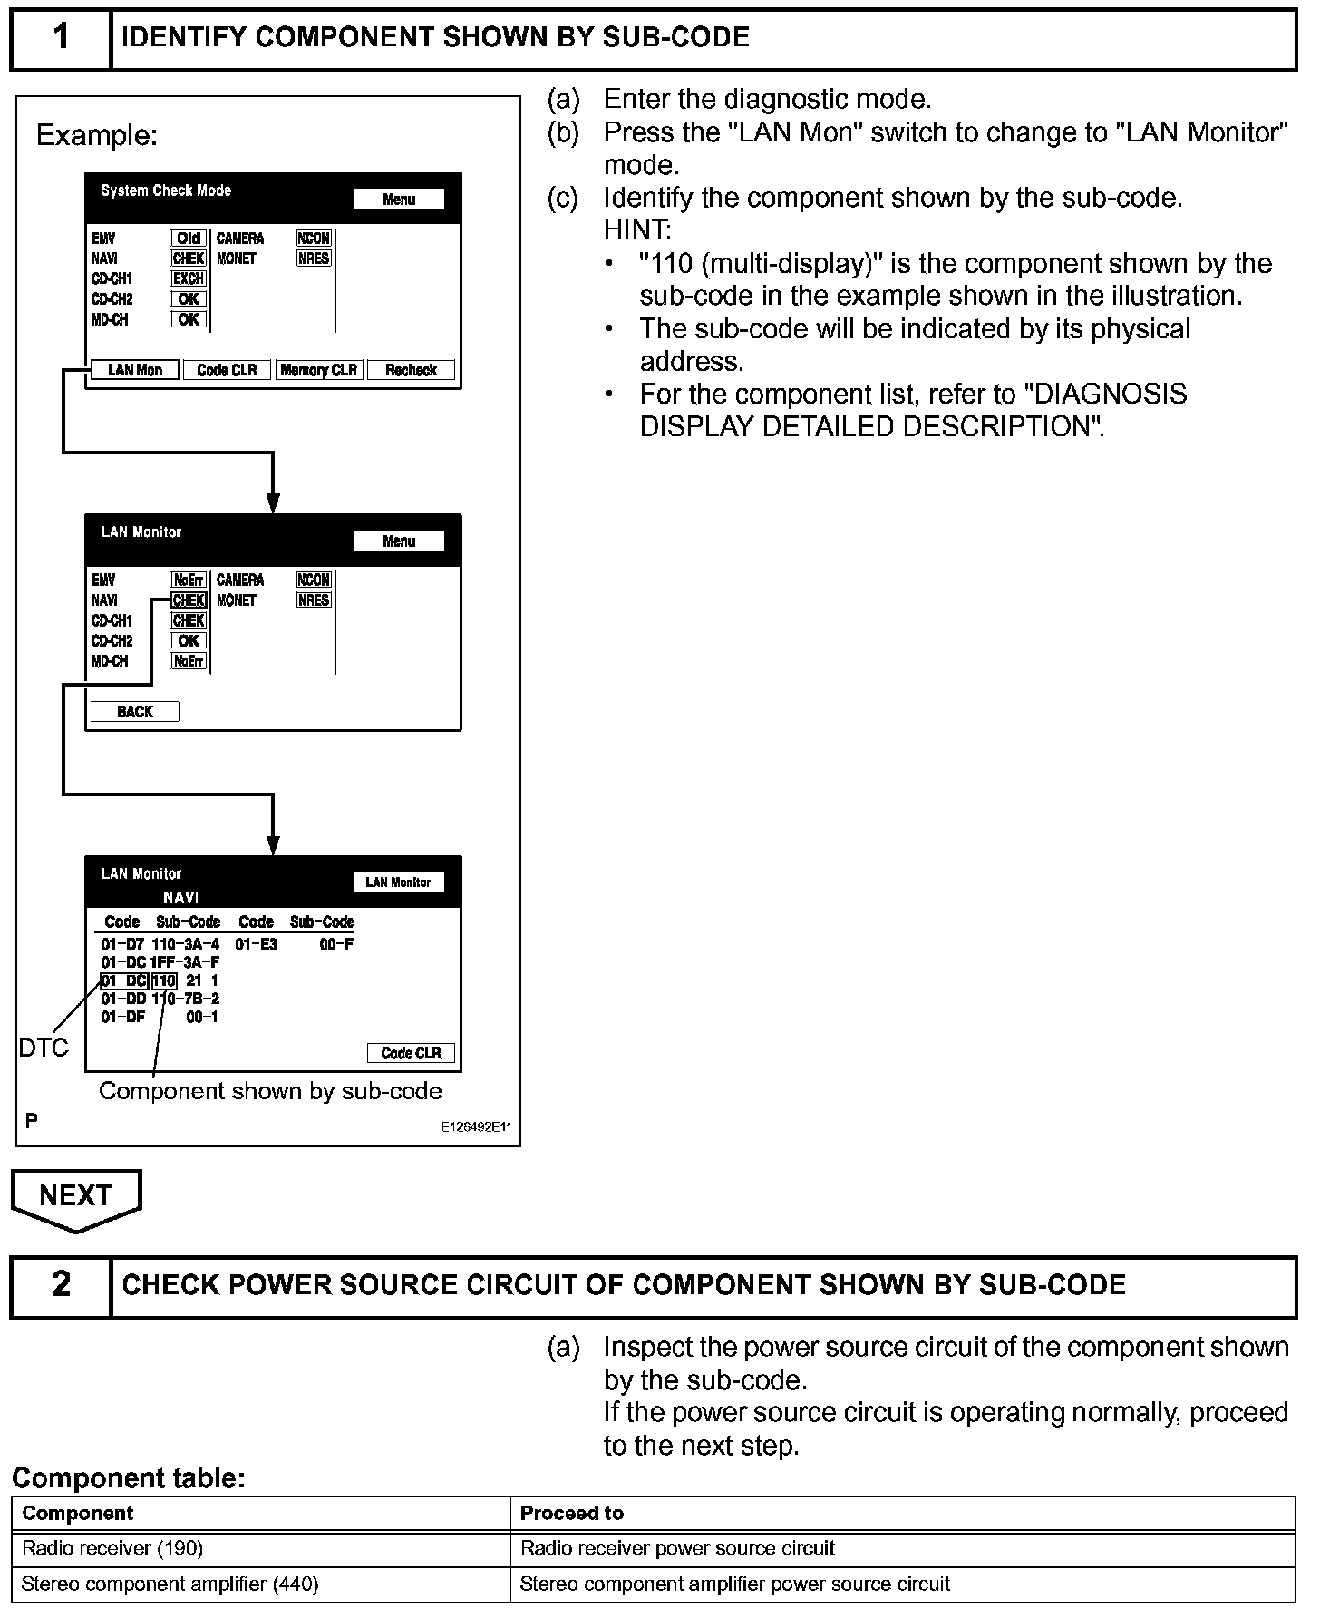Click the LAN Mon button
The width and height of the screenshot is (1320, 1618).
tap(134, 370)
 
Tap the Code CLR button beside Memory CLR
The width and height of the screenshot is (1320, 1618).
tap(227, 370)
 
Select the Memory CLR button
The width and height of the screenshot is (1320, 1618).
tap(318, 370)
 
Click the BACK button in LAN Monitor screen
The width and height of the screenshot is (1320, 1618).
tap(135, 712)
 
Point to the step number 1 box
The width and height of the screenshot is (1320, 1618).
tap(61, 38)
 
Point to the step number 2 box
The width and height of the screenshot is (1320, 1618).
tap(61, 1285)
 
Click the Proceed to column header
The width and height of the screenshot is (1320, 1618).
tap(572, 1513)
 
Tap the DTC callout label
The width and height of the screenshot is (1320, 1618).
tap(44, 1048)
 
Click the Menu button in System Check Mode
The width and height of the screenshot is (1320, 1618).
tap(399, 200)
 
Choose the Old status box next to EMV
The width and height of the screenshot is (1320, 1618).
tap(189, 239)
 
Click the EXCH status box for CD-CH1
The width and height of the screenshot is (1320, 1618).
tap(189, 278)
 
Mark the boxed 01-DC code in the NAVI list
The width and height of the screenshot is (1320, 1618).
tap(124, 980)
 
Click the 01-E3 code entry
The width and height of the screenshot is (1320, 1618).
tap(256, 944)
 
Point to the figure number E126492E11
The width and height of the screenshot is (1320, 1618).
tap(476, 1127)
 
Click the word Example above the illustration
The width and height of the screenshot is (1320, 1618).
tap(96, 136)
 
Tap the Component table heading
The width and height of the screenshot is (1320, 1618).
tap(129, 1479)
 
